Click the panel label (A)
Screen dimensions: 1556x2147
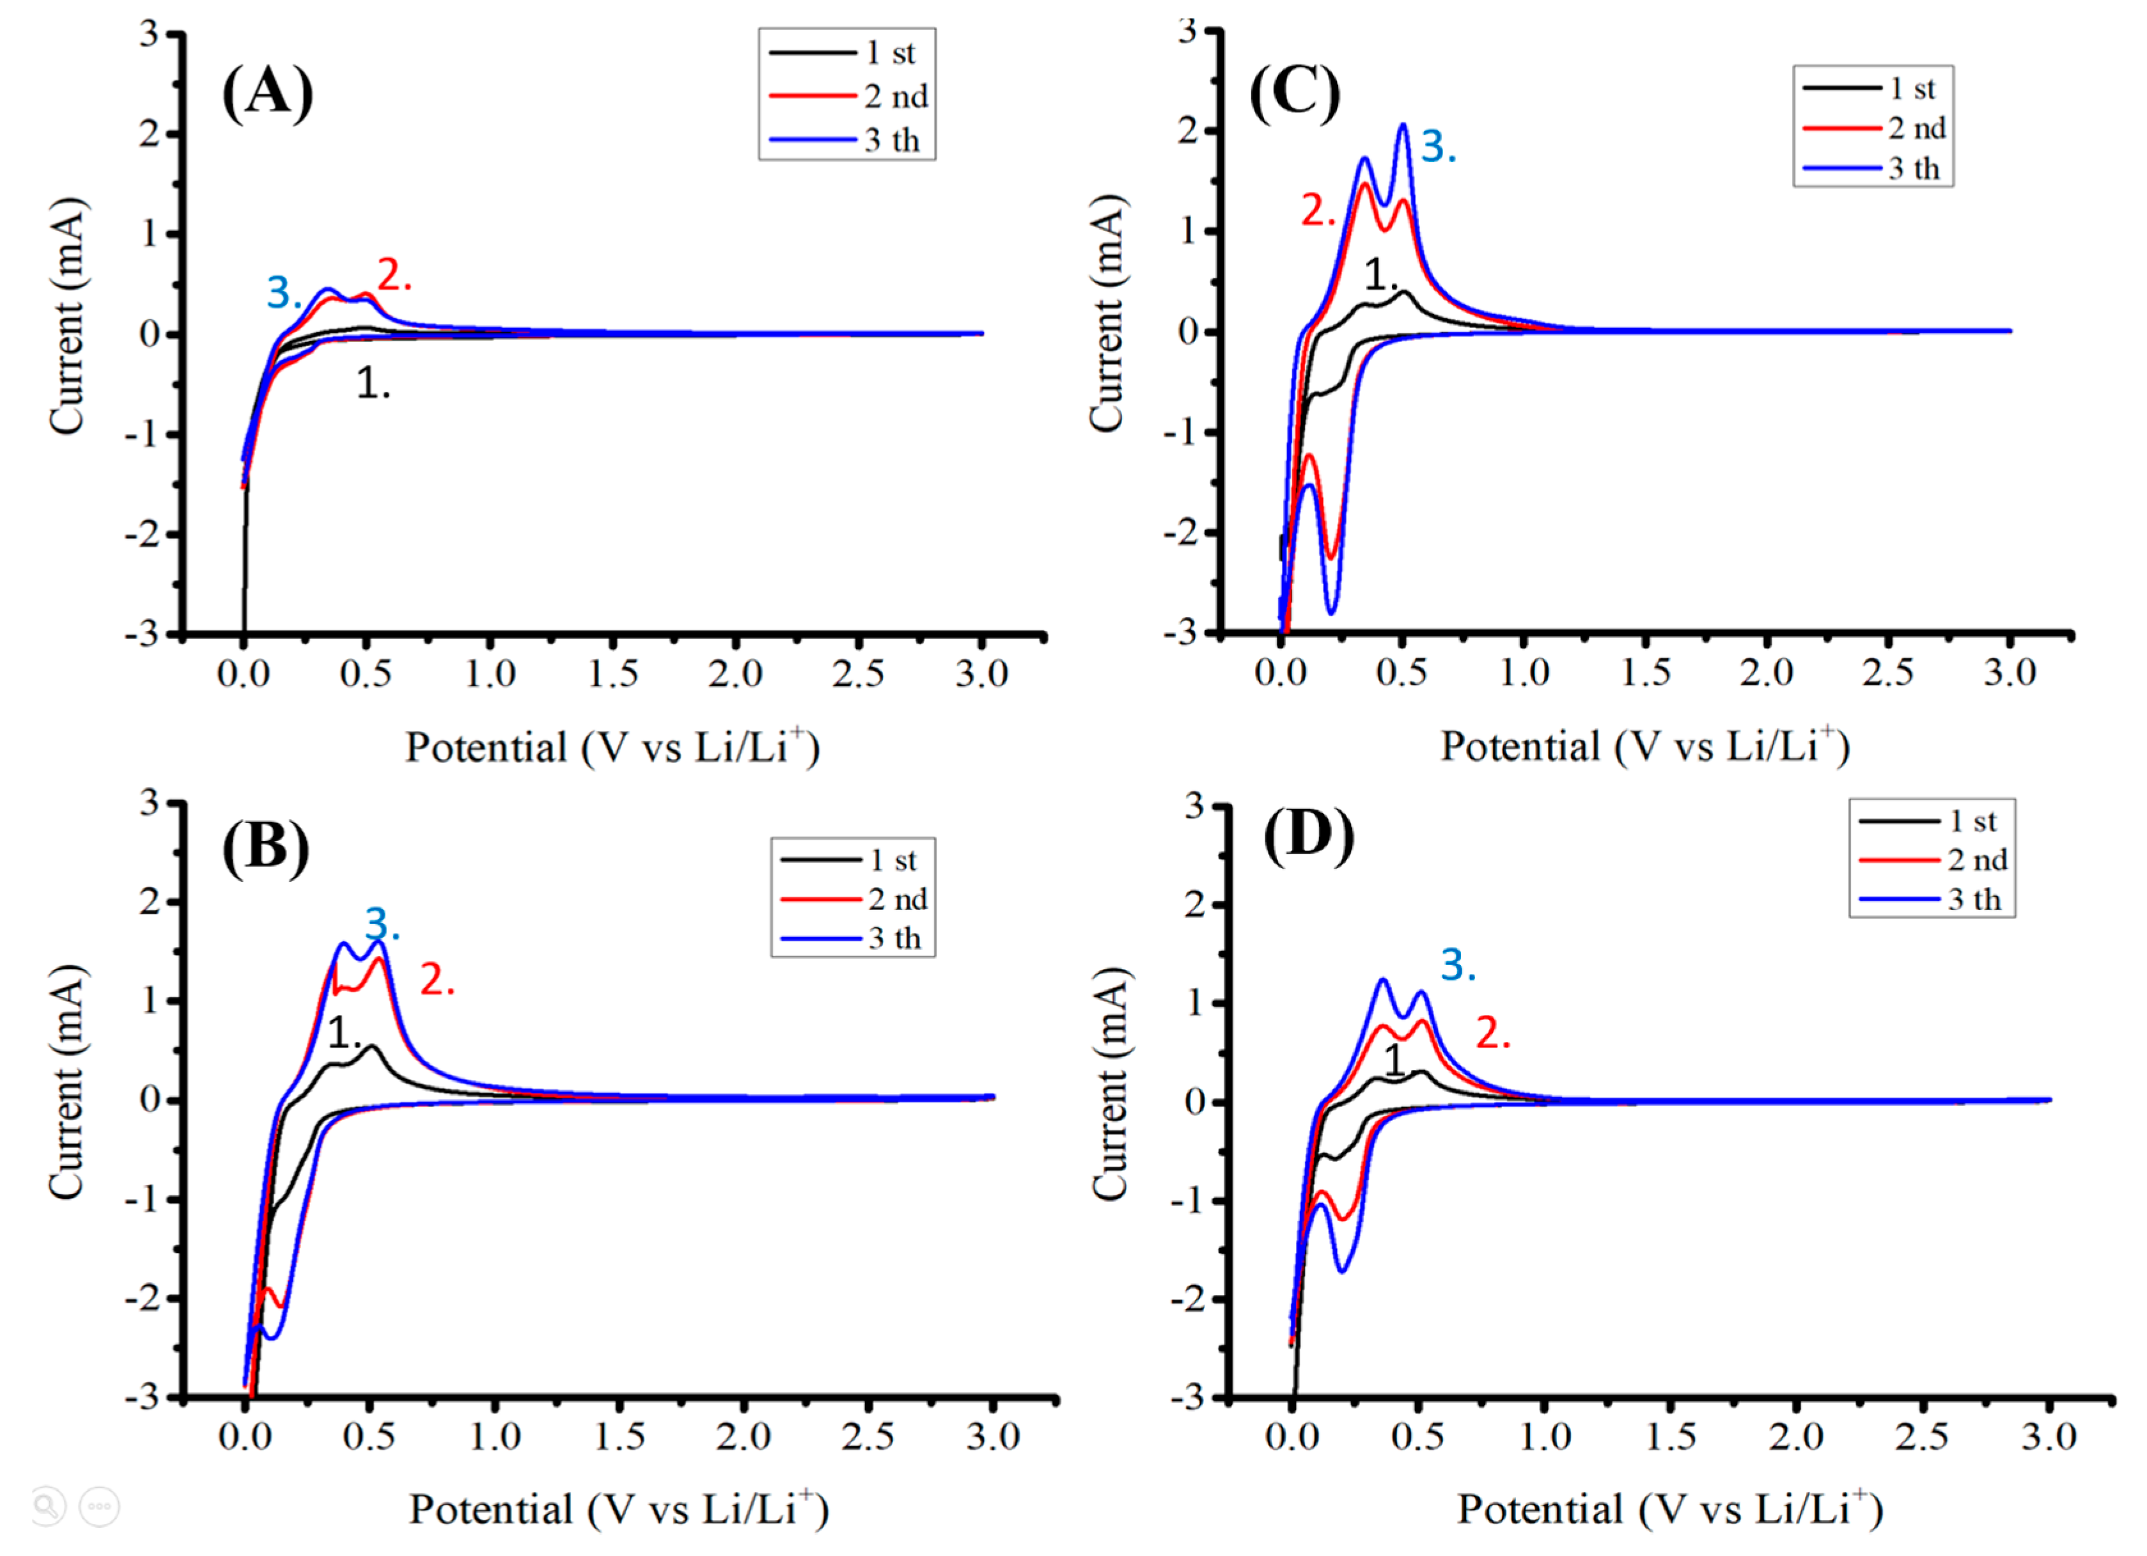[x=267, y=92]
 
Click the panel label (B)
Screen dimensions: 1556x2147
[x=266, y=845]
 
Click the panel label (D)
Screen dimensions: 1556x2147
[x=1308, y=835]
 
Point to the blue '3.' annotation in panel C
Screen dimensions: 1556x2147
[x=1437, y=148]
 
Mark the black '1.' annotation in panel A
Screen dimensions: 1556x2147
[x=372, y=384]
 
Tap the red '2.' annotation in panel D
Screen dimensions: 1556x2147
[x=1492, y=1033]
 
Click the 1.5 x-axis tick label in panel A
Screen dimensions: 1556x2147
[x=613, y=673]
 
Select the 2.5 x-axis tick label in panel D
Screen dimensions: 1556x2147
[x=1923, y=1436]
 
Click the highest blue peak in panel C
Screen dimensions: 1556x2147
[x=1403, y=125]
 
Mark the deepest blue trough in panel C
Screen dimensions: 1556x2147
[x=1331, y=612]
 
